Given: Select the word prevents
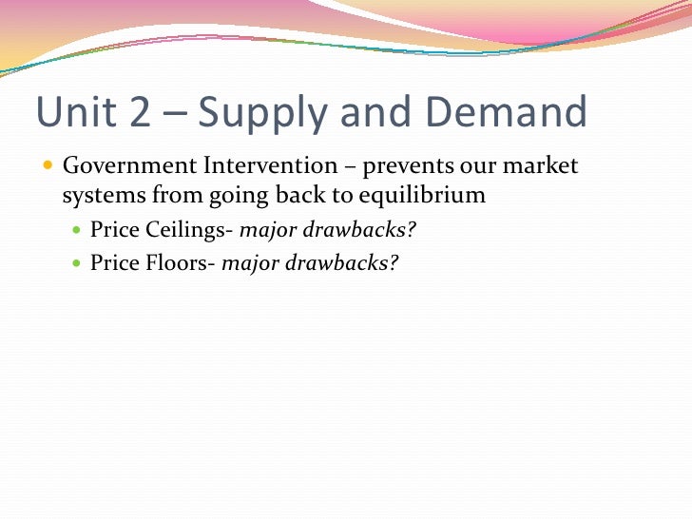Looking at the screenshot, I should (408, 167).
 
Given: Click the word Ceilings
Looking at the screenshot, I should (184, 230).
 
